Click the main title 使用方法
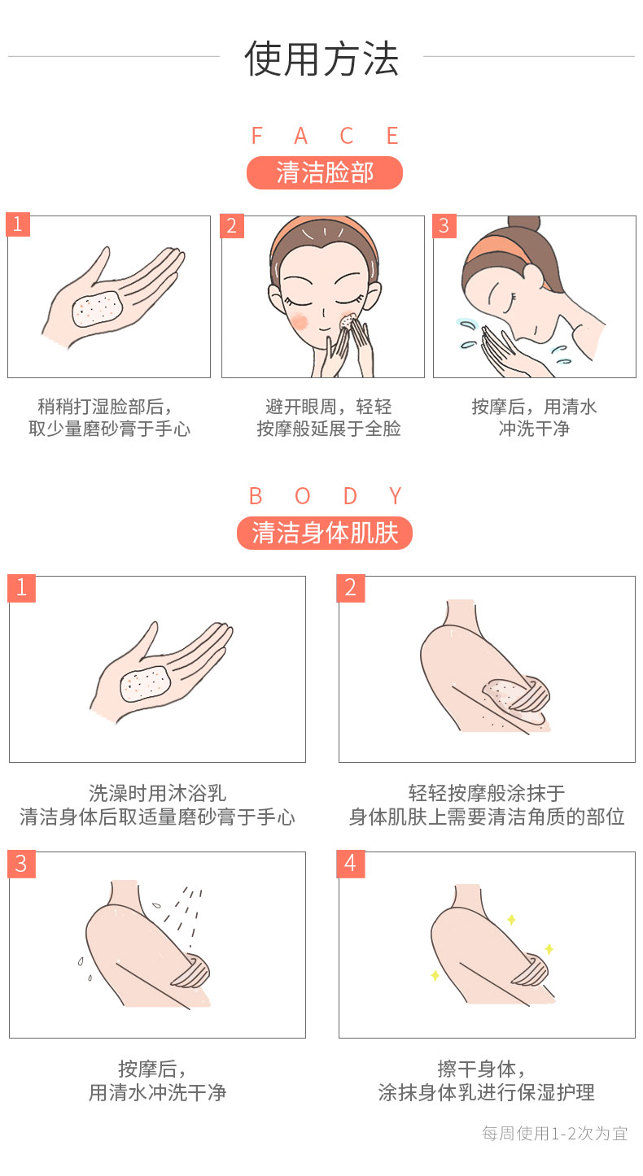coord(321,58)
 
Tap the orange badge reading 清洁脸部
coord(325,172)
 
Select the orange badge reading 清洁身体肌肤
coord(325,533)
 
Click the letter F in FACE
coord(257,136)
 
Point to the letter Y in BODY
coord(396,496)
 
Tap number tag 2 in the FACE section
coord(232,226)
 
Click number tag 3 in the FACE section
coord(444,226)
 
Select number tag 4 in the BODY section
coord(350,863)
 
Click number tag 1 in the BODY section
coord(21,587)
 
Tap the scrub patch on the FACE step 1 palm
coord(97,308)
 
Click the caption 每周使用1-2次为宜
coord(555,1134)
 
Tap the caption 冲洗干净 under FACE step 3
coord(534,429)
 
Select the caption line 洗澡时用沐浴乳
coord(157,793)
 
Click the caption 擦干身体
coord(477,1069)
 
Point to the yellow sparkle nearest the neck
coord(511,920)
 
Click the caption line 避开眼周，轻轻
coord(328,407)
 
